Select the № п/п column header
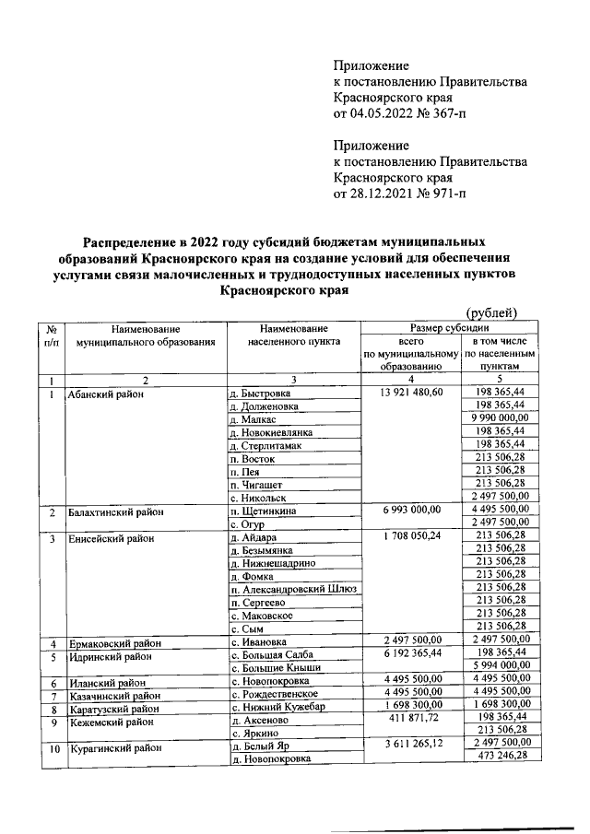pos(53,334)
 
